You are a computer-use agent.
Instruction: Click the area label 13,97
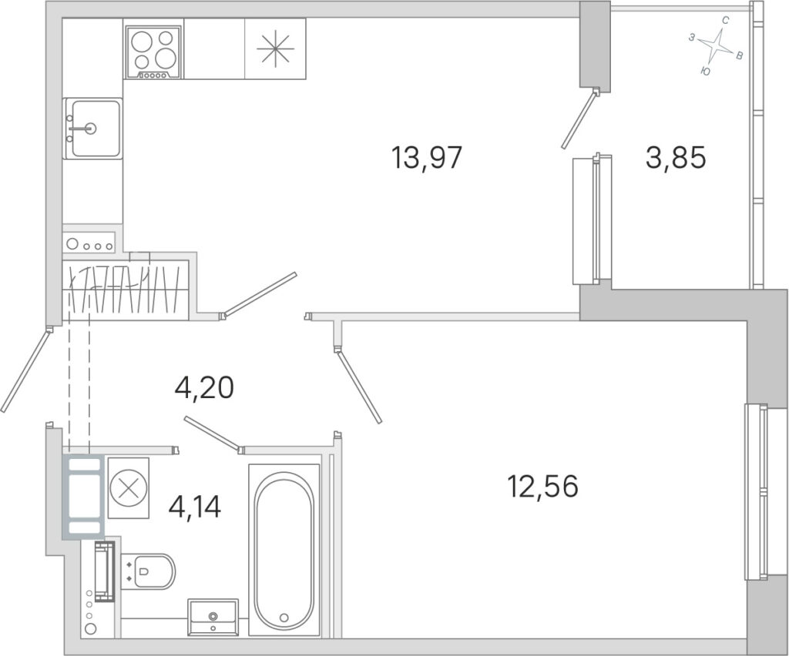426,158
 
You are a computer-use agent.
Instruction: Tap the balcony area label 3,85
676,158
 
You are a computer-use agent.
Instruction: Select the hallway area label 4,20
203,387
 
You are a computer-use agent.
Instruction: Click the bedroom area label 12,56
543,486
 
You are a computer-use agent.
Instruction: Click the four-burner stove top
153,53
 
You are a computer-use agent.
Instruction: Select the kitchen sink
93,128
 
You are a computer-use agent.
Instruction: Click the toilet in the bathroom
149,571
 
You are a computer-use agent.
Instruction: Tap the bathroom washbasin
213,618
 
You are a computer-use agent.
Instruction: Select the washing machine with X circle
129,487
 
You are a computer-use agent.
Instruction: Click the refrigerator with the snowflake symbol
275,49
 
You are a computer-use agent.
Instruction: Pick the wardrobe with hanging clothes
126,290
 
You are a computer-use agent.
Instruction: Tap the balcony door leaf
579,119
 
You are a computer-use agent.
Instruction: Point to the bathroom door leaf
211,432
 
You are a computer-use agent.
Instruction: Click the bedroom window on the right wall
757,492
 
